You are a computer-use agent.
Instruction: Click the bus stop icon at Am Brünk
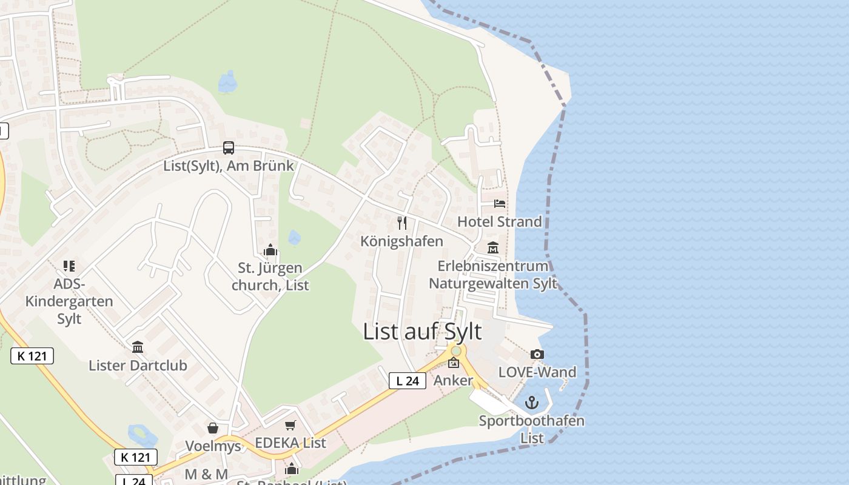point(229,148)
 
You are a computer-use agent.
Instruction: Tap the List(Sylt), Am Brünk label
point(229,166)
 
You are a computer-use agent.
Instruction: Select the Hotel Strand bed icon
point(500,204)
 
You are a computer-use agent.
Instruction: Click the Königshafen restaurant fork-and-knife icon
point(402,223)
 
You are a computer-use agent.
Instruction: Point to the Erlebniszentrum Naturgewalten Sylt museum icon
point(493,248)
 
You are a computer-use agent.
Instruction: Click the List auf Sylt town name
point(422,332)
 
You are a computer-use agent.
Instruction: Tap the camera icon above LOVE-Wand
point(537,355)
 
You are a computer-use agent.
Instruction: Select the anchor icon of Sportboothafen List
point(532,403)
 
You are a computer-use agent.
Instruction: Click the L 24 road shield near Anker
point(408,381)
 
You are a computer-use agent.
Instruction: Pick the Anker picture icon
point(454,363)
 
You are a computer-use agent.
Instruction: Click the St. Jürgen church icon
point(270,250)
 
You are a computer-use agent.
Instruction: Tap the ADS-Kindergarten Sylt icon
point(69,266)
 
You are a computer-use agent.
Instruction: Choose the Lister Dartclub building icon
point(138,347)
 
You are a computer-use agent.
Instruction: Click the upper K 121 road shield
point(32,356)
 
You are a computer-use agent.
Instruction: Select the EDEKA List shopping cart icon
point(290,425)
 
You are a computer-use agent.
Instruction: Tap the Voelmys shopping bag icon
point(213,428)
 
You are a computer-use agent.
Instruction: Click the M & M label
point(206,474)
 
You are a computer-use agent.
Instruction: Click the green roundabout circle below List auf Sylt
point(456,351)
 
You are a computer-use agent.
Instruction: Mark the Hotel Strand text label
point(499,221)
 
